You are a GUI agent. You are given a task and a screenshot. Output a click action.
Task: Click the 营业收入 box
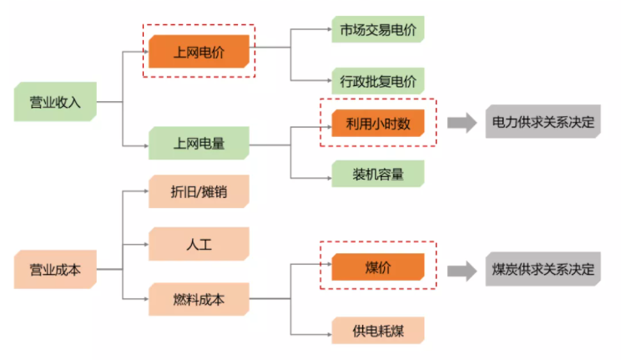[x=55, y=103]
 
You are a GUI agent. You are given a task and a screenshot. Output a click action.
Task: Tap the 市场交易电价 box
[x=377, y=29]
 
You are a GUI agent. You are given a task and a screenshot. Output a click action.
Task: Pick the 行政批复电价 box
[x=377, y=81]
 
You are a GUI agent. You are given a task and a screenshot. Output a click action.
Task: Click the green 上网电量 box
[x=199, y=143]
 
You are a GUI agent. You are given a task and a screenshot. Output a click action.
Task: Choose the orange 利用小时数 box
[x=378, y=123]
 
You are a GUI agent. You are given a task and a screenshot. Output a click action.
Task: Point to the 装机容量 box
[x=377, y=174]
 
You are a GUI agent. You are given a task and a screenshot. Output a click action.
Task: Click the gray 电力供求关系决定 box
[x=543, y=123]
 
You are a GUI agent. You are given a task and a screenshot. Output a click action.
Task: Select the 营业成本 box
[x=55, y=270]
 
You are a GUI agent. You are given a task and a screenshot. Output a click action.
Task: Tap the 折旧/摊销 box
[x=199, y=191]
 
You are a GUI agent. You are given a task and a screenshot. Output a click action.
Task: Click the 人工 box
[x=199, y=244]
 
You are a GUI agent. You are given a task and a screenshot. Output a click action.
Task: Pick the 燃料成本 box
[x=199, y=298]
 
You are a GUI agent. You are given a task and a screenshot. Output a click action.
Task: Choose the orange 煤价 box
[x=378, y=266]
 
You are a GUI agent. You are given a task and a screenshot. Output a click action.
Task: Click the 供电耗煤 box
[x=377, y=330]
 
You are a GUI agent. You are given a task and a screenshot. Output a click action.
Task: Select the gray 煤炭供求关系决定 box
[x=543, y=270]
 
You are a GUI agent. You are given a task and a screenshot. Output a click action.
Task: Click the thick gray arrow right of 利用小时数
[x=460, y=123]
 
